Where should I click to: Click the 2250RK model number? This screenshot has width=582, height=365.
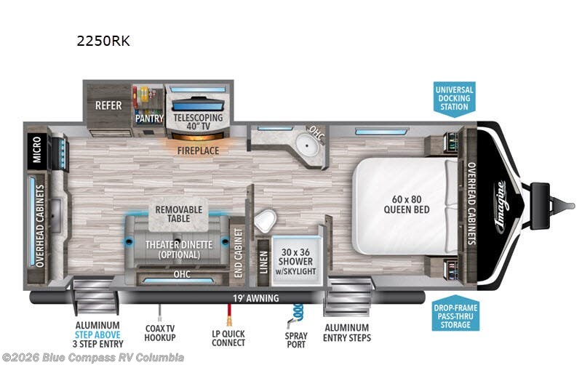103,41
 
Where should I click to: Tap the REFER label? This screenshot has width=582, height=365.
108,105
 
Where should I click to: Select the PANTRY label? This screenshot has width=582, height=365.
149,119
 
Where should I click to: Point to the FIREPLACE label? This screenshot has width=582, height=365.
198,151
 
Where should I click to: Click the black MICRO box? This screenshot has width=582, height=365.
37,149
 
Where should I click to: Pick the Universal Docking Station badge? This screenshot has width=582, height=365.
454,99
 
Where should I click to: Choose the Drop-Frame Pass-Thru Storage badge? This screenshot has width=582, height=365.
455,313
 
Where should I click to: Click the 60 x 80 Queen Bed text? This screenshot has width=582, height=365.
407,204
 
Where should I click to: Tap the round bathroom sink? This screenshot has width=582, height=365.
307,145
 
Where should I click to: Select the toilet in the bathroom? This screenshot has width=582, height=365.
266,220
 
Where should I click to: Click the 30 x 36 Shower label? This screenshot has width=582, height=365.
296,262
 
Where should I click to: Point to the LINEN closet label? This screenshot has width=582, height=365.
263,262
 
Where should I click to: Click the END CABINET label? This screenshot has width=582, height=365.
239,253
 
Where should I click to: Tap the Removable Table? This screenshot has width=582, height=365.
178,214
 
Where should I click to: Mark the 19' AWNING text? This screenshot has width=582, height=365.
256,298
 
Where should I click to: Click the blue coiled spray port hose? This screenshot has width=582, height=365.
297,314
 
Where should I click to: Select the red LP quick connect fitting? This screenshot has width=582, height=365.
229,316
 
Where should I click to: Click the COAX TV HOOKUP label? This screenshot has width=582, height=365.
160,333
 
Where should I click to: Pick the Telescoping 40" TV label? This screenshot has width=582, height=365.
198,122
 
